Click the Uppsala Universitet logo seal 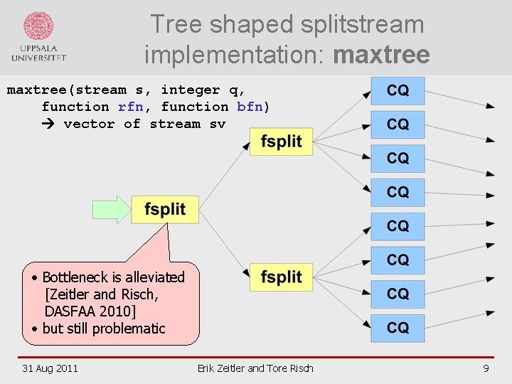pos(38,26)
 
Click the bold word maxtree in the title pos(381,54)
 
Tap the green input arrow pos(112,209)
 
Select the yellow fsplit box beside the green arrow pos(165,209)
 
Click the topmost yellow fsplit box pos(281,142)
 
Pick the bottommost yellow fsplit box pos(281,277)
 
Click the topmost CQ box pos(398,91)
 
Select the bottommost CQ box pos(398,328)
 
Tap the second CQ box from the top pos(398,124)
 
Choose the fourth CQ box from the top pos(398,192)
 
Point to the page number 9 pos(486,368)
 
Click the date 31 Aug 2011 pos(50,368)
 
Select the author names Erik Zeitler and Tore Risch pos(255,368)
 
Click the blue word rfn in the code pos(131,107)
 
